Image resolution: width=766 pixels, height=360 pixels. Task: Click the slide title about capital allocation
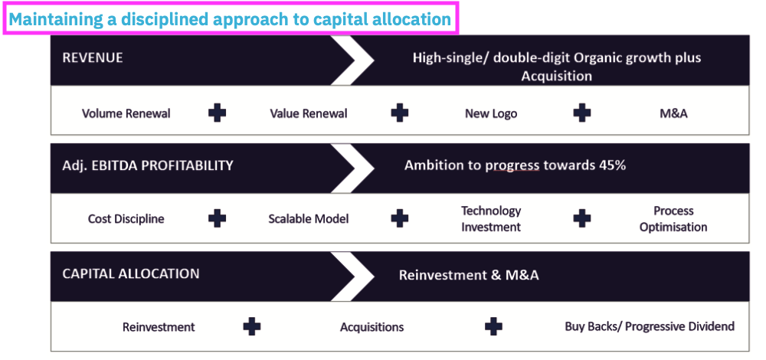(x=230, y=19)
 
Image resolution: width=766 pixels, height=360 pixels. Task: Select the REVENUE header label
(x=93, y=58)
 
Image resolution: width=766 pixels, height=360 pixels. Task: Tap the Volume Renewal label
(x=126, y=113)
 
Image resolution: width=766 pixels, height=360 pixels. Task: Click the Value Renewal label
(x=309, y=113)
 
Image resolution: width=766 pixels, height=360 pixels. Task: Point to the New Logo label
(x=491, y=113)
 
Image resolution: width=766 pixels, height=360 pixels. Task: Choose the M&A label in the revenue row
(x=673, y=113)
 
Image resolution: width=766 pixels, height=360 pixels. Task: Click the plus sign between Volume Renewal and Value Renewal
(x=218, y=113)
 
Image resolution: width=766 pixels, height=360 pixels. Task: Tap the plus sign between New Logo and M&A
(x=582, y=113)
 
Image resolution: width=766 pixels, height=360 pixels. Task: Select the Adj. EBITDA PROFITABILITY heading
(x=148, y=165)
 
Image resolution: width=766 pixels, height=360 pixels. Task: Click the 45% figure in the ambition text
(x=610, y=165)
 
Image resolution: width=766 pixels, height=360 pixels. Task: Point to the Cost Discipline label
(x=126, y=219)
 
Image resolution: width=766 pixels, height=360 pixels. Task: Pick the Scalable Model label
(x=309, y=219)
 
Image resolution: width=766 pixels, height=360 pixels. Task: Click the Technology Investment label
(x=491, y=219)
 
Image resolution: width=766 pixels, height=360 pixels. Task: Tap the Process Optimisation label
(x=673, y=219)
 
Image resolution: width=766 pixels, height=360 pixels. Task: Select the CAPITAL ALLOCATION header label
(x=131, y=274)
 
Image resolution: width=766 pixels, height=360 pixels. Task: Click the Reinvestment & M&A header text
(x=469, y=275)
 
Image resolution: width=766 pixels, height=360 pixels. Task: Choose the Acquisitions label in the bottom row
(x=372, y=327)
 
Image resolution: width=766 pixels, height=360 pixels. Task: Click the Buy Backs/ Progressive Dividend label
(x=650, y=326)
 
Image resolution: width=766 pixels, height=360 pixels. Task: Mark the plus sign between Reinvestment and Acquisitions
(x=252, y=327)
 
